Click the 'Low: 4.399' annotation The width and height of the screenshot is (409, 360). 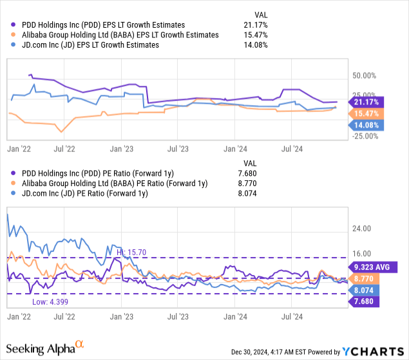click(x=48, y=301)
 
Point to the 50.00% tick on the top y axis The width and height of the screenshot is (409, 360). click(x=364, y=76)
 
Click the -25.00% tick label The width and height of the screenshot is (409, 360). click(x=364, y=135)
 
